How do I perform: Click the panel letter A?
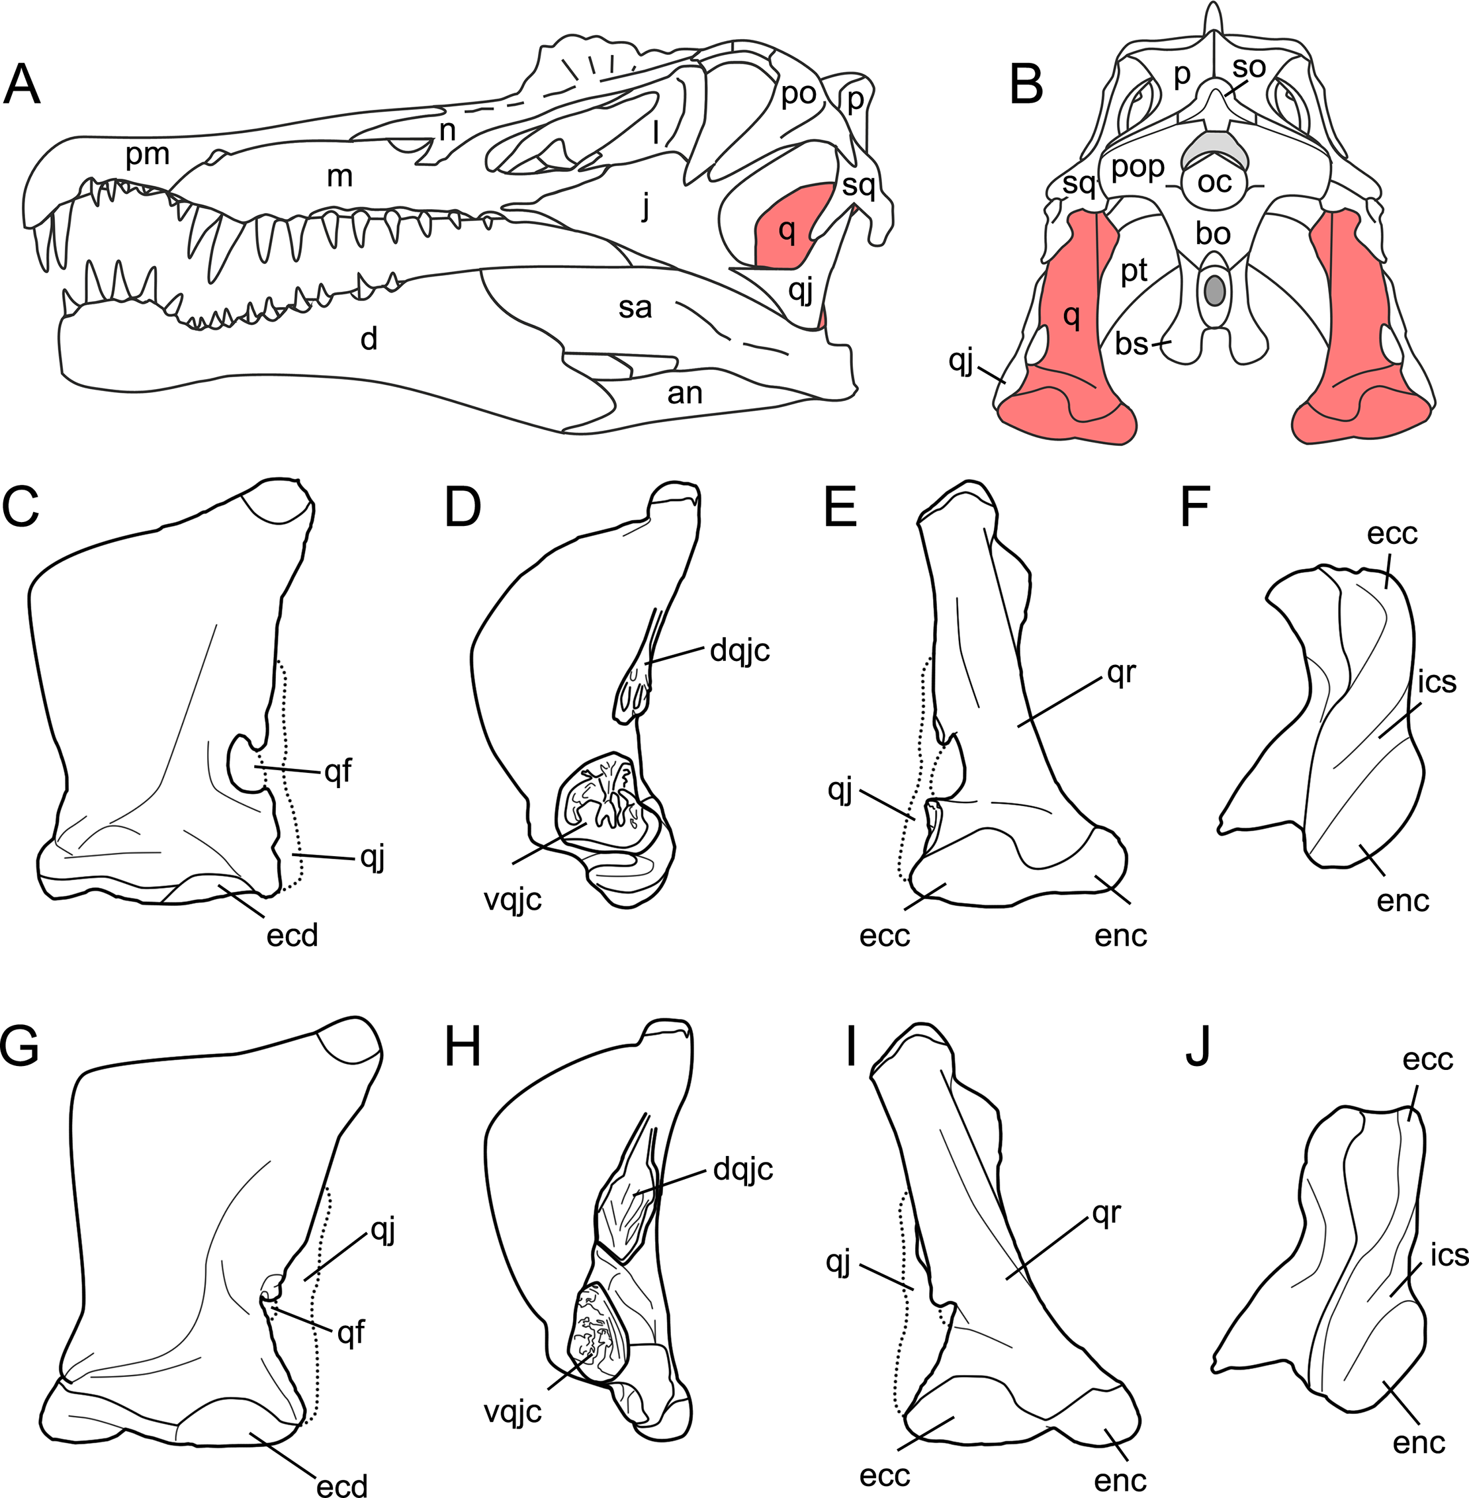coord(22,85)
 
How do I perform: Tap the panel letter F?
coord(1194,507)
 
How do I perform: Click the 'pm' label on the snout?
coord(148,155)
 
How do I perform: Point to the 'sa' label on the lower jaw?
coord(635,308)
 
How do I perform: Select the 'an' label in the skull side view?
coord(684,394)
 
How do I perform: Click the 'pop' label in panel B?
coord(1137,167)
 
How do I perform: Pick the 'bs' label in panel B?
coord(1131,344)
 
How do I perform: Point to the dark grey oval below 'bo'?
coord(1214,290)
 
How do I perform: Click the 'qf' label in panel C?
coord(338,771)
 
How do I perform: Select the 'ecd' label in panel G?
coord(342,1485)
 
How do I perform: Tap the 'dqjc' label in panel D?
coord(740,651)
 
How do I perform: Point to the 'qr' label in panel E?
coord(1121,674)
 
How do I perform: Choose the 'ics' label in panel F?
coord(1437,682)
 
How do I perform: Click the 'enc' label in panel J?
coord(1419,1442)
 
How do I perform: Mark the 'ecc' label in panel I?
coord(884,1476)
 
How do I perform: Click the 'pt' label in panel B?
coord(1134,271)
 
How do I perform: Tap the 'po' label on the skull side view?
coord(799,94)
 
